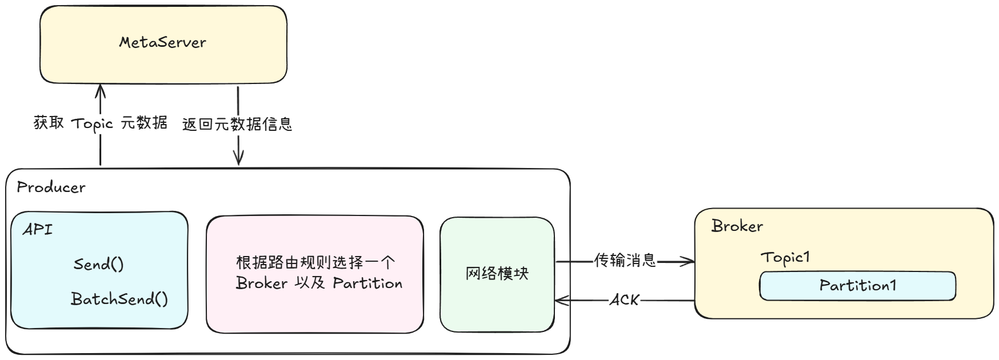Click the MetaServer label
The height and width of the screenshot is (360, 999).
click(163, 42)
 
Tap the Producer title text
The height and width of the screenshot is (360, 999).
click(51, 187)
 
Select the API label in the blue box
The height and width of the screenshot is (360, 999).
click(38, 230)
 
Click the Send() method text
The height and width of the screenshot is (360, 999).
click(98, 264)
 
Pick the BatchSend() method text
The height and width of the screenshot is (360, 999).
click(119, 299)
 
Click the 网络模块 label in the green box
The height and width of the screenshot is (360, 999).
click(497, 274)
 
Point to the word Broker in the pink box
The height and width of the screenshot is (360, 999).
click(262, 283)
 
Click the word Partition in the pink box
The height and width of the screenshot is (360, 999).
click(367, 283)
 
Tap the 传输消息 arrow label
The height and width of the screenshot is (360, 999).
click(625, 261)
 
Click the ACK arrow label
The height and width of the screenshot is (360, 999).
click(624, 299)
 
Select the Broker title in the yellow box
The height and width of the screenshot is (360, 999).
click(737, 226)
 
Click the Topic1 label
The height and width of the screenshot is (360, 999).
click(785, 257)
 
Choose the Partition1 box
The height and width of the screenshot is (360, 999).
click(857, 286)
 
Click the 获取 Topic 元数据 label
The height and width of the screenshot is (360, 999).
click(101, 123)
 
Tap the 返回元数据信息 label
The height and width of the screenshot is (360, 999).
click(237, 124)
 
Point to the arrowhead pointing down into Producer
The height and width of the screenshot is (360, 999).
click(238, 161)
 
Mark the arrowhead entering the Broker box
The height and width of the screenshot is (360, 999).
click(690, 262)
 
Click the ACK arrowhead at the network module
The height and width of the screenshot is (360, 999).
click(560, 300)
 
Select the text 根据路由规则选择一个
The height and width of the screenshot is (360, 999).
click(315, 263)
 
